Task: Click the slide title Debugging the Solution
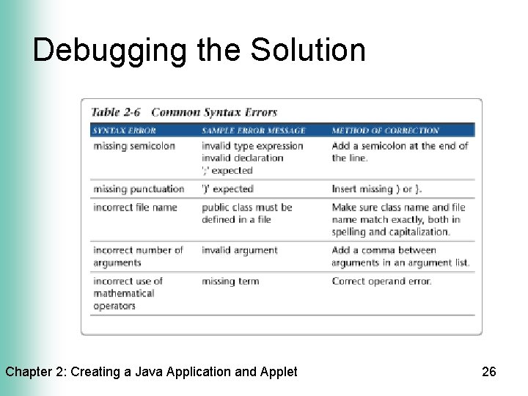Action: tap(199, 51)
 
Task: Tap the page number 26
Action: tap(488, 372)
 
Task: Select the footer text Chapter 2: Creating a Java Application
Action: tap(151, 372)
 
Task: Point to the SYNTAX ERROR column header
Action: tap(125, 131)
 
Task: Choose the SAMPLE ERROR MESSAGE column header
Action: tap(253, 131)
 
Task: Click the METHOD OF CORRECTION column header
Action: tap(385, 131)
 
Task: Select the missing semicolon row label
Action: tap(134, 146)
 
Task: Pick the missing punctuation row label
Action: tap(139, 189)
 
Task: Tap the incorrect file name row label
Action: tap(135, 208)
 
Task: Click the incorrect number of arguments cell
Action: tap(138, 257)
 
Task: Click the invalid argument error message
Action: tap(240, 251)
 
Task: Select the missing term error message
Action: tap(230, 281)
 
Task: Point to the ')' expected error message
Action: tap(227, 189)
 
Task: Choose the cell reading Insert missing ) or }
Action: tap(377, 189)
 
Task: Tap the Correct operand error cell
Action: tap(381, 281)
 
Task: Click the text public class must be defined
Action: tap(246, 213)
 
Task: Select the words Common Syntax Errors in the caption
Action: tap(214, 112)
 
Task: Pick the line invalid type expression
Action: tap(252, 146)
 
